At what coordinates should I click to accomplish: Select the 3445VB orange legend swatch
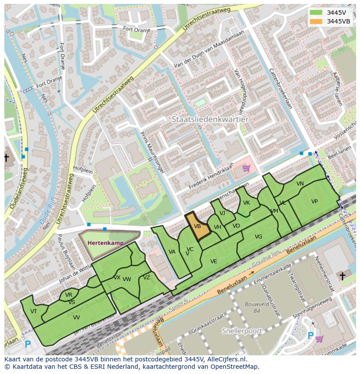click(x=316, y=21)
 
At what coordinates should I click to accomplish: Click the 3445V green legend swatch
click(x=316, y=13)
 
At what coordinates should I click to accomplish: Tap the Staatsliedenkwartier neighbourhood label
click(x=210, y=119)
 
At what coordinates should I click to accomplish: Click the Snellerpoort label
click(x=242, y=331)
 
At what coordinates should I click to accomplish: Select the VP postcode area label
click(x=314, y=202)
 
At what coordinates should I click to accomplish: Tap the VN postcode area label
click(x=300, y=184)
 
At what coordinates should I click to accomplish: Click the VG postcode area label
click(x=258, y=237)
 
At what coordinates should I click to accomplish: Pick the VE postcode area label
click(x=213, y=261)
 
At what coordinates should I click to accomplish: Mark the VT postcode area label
click(x=33, y=311)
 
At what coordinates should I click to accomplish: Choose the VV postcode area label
click(x=76, y=318)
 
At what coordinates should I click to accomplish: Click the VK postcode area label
click(x=247, y=203)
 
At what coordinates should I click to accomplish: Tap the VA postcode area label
click(x=172, y=252)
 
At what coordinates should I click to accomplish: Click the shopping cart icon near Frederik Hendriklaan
click(x=247, y=168)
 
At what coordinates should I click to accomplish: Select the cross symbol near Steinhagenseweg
click(x=342, y=276)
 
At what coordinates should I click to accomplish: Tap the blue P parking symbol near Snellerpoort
click(x=310, y=335)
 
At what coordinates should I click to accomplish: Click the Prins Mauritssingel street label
click(x=153, y=153)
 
